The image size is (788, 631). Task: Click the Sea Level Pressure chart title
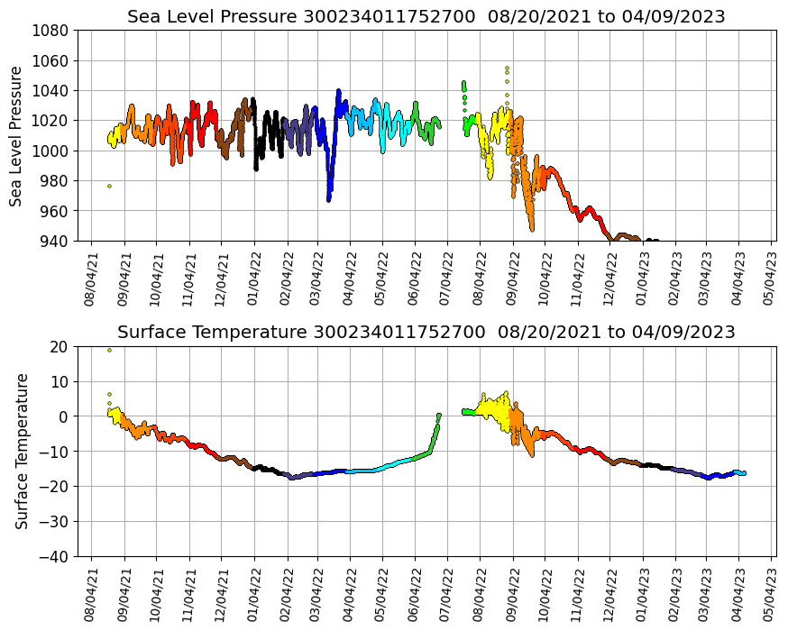coord(426,17)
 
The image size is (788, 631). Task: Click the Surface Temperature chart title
coord(426,332)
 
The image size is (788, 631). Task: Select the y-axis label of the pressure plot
coord(16,135)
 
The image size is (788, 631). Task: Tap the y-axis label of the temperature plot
coord(23,451)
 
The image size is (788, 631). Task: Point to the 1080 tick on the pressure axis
coord(53,30)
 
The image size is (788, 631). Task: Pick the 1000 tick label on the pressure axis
coord(53,151)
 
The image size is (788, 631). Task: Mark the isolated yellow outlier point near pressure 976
coord(110,186)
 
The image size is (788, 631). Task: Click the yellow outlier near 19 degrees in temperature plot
coord(110,350)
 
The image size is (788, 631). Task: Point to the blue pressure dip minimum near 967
coord(329,199)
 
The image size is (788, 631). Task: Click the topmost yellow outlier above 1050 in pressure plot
coord(507,68)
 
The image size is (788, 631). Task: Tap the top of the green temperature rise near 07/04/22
coord(439,416)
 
